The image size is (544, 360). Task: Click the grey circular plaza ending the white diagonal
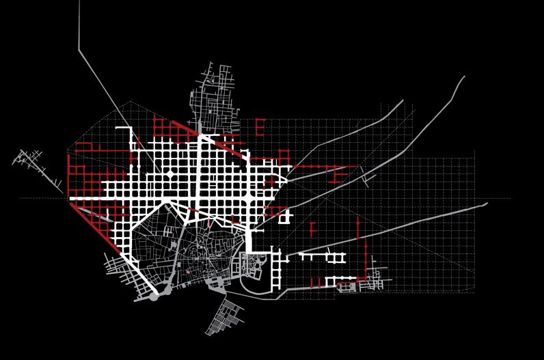click(x=154, y=296)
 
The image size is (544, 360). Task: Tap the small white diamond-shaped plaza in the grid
click(x=169, y=175)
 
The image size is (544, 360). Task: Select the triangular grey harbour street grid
click(x=224, y=318)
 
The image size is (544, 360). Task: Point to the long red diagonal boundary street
click(x=96, y=227)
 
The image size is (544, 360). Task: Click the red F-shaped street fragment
click(x=312, y=229)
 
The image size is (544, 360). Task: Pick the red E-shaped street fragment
click(x=259, y=127)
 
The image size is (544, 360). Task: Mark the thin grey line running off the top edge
click(x=79, y=27)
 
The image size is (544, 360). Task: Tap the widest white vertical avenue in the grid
click(x=199, y=171)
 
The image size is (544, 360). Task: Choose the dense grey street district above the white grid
click(x=217, y=96)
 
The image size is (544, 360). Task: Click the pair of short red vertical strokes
click(x=315, y=282)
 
